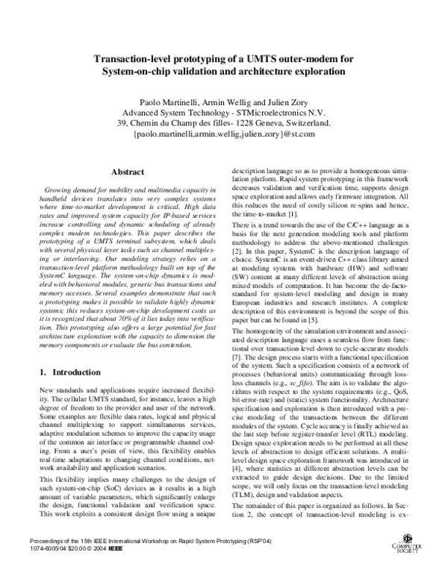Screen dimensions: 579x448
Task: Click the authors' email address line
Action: point(225,135)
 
